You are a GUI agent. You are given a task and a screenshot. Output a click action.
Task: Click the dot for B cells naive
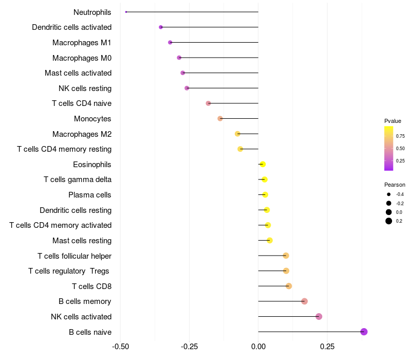[x=364, y=332]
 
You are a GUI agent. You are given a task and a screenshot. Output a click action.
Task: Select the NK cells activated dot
[x=319, y=316]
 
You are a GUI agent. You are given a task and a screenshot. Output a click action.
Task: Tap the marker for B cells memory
[x=304, y=301]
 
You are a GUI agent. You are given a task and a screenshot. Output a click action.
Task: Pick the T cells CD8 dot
[x=289, y=286]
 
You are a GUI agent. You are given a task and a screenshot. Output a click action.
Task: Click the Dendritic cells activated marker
[x=161, y=27]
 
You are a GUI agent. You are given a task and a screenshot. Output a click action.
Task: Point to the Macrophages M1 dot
[x=170, y=42]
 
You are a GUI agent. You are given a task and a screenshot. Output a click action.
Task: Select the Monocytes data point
[x=220, y=118]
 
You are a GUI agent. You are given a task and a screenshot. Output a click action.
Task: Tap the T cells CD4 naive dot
[x=208, y=103]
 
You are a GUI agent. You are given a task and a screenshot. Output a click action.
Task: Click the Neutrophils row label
[x=92, y=12]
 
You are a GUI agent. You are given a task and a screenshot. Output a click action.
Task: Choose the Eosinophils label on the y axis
[x=92, y=165]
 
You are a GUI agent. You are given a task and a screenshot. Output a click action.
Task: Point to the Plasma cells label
[x=90, y=195]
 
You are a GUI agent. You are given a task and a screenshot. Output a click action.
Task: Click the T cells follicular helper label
[x=74, y=256]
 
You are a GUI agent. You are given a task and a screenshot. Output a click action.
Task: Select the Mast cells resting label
[x=82, y=241]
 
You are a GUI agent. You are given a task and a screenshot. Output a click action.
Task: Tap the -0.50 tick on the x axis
[x=120, y=346]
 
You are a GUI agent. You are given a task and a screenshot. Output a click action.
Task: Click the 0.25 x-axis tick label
[x=327, y=346]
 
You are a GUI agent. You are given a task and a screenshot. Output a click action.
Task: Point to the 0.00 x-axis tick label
[x=258, y=346]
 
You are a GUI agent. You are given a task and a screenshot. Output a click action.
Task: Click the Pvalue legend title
[x=393, y=121]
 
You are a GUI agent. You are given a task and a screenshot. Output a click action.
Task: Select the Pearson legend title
[x=395, y=185]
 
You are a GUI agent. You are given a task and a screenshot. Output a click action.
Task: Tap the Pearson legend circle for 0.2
[x=389, y=221]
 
